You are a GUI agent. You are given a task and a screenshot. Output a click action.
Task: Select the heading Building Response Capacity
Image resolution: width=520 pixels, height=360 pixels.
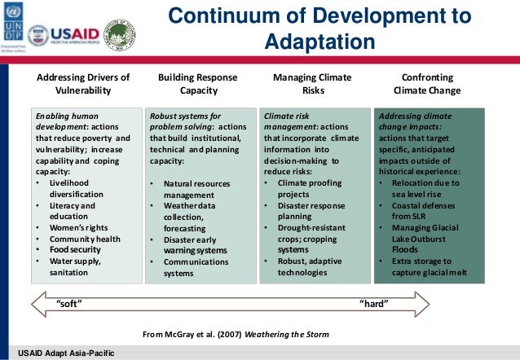coord(199,84)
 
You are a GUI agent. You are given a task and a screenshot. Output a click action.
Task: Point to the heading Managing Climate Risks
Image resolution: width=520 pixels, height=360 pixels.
coord(312,84)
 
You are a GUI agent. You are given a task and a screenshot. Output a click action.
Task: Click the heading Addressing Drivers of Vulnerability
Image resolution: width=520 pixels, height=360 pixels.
coord(84,84)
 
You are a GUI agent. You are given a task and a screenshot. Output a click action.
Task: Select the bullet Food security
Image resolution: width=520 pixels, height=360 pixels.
coord(74,249)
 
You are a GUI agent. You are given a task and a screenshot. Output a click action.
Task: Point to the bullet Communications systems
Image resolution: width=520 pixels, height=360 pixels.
coord(196,267)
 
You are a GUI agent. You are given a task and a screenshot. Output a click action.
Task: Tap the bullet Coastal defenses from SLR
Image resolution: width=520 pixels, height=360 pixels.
coord(421,212)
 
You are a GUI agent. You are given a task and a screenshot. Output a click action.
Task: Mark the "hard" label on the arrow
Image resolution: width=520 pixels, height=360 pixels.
coord(374,303)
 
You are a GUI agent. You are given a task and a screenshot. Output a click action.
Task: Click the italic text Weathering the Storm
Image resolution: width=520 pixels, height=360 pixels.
coord(290,334)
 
